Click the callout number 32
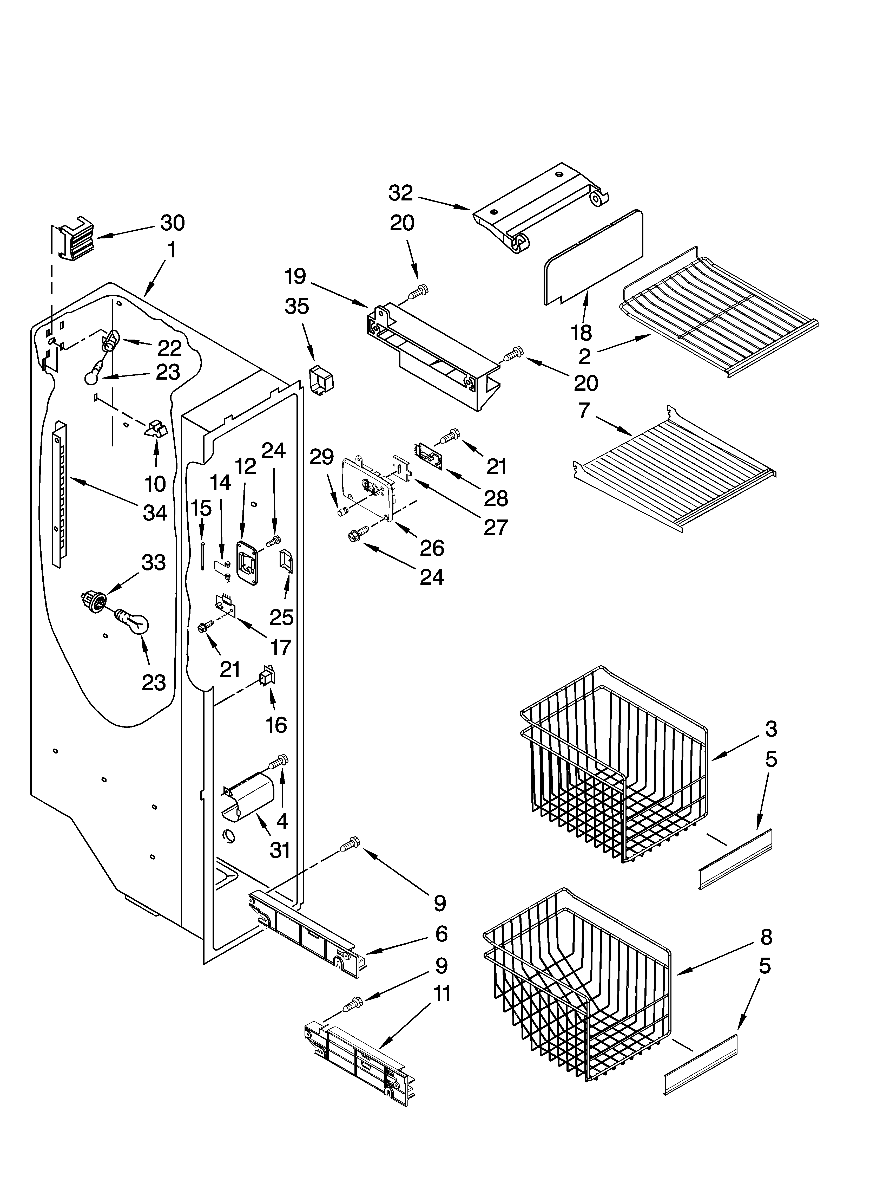point(400,193)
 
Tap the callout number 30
point(173,223)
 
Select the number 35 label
point(297,306)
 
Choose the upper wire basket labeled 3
point(615,763)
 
